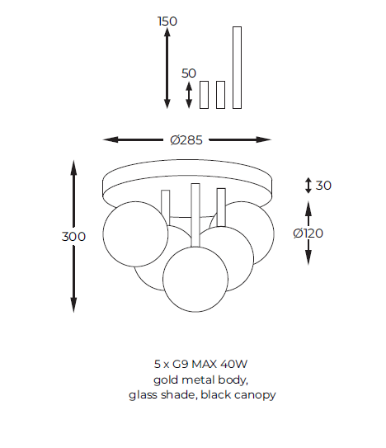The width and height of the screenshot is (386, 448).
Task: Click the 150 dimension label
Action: click(167, 21)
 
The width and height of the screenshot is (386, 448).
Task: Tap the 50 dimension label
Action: click(189, 73)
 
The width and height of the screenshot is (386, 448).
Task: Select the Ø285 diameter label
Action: click(186, 140)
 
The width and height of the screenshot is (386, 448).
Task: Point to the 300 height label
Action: click(73, 237)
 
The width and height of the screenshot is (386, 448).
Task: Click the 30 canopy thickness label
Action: click(323, 186)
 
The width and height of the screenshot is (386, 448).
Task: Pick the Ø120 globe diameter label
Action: click(308, 233)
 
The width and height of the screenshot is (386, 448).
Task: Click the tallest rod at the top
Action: click(238, 68)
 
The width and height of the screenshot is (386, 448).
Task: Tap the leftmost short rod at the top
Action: click(204, 95)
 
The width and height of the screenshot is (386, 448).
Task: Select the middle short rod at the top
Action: click(220, 95)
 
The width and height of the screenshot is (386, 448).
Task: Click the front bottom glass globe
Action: click(195, 279)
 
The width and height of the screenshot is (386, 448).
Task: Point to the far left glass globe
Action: click(135, 234)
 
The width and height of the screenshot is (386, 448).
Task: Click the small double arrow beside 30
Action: click(308, 186)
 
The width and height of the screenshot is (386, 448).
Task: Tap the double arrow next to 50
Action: click(189, 95)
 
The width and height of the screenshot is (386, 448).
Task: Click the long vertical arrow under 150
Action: click(167, 68)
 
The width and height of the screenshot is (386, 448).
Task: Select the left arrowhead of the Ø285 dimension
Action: click(111, 139)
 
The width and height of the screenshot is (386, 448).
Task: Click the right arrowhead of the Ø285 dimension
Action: click(263, 139)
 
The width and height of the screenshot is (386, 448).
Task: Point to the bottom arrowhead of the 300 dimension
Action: click(73, 305)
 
